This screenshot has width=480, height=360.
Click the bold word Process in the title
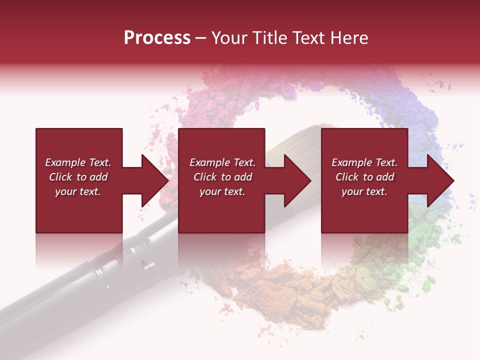tap(157, 38)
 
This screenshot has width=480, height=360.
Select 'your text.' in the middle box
tap(222, 191)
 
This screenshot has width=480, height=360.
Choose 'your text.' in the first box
tap(78, 191)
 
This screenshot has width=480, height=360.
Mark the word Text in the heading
tap(310, 38)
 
